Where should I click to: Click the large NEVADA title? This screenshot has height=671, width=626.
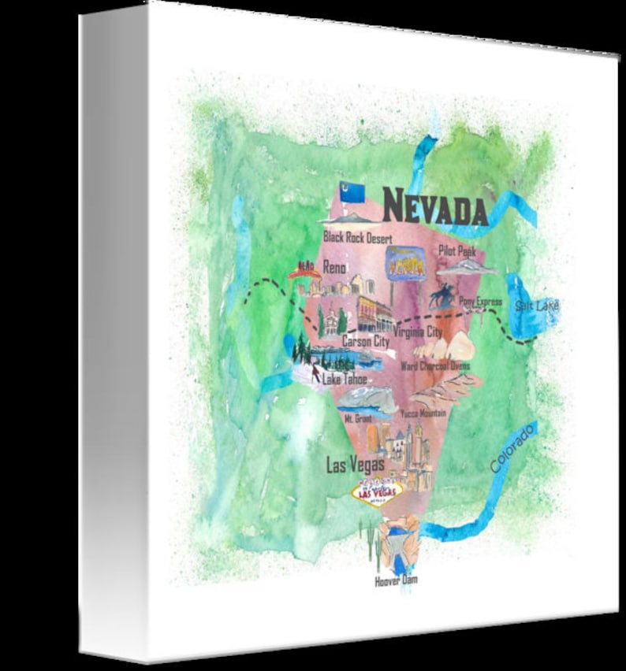(434, 208)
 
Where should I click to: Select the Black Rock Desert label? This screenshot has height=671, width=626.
(358, 236)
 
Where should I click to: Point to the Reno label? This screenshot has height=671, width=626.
(334, 268)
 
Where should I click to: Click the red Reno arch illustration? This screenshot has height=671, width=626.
(304, 271)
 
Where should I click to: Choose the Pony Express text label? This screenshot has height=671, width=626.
(480, 301)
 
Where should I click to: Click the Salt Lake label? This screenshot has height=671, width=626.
(536, 305)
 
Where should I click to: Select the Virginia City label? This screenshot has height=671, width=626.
(417, 332)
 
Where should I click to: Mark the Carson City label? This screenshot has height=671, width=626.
(365, 342)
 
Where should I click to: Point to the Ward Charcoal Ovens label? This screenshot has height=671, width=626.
(435, 365)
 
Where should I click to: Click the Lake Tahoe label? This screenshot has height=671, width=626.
(345, 379)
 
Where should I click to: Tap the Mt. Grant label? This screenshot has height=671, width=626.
(357, 419)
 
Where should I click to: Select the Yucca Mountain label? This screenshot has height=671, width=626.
(423, 413)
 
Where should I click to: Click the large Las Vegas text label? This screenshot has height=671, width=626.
(356, 465)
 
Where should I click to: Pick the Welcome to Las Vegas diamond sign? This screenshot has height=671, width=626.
(376, 492)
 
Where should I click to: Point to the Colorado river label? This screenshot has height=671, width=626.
(512, 448)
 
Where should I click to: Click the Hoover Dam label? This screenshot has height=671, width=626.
(396, 580)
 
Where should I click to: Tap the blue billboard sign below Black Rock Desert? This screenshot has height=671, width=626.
(404, 262)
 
